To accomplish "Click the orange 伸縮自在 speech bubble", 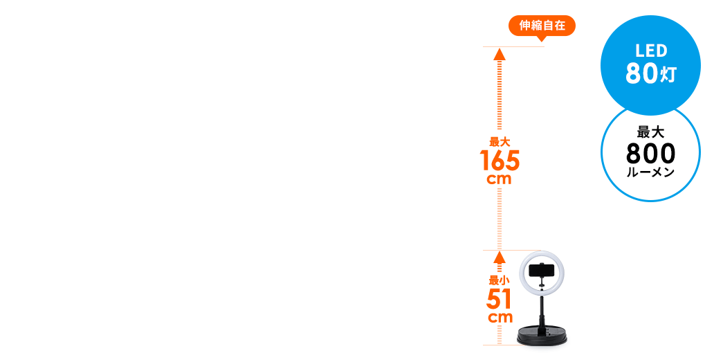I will [542, 26].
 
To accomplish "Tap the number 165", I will [499, 161].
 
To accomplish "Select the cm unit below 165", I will [499, 179].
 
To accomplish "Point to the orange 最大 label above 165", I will [499, 141].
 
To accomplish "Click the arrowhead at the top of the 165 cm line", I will [499, 55].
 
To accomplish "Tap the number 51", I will [499, 299].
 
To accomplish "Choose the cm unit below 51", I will [499, 318].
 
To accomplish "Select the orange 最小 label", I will [499, 280].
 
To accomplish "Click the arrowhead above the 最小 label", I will [499, 258].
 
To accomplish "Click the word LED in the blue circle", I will [650, 51].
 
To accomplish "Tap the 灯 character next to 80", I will [668, 75].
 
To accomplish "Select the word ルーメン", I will [650, 172].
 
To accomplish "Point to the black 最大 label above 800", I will [650, 132].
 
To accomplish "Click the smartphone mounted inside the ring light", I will [542, 270].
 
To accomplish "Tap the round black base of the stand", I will [543, 337].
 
